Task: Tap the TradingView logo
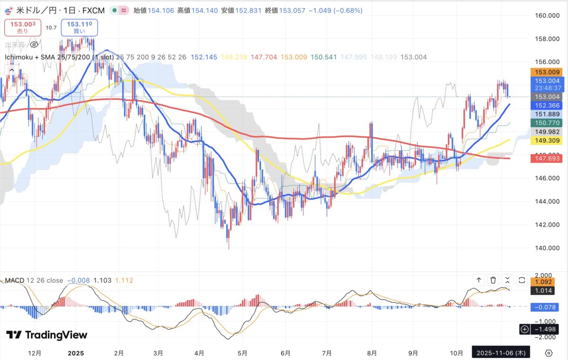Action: (x=47, y=335)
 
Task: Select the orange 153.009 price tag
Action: (x=548, y=72)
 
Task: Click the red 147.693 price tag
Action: (x=548, y=158)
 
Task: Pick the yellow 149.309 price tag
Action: (x=548, y=140)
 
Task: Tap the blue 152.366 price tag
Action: (x=548, y=105)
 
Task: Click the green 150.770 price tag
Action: (x=548, y=123)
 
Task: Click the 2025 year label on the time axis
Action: (x=76, y=353)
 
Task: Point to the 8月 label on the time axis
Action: (x=372, y=353)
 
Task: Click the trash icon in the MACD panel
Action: (x=493, y=280)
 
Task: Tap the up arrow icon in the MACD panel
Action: (x=479, y=280)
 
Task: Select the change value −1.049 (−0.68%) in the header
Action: (x=339, y=10)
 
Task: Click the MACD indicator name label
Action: (x=14, y=281)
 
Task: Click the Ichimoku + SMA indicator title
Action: (x=48, y=57)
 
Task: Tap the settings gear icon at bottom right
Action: (x=549, y=353)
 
